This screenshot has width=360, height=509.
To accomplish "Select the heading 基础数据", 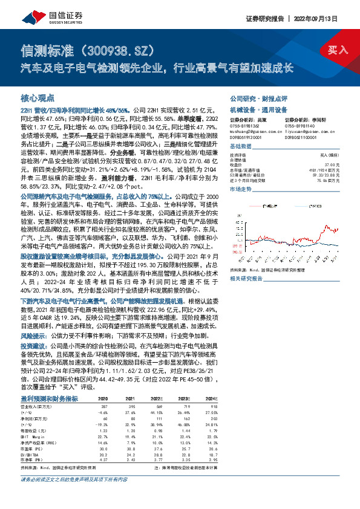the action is [x=240, y=148].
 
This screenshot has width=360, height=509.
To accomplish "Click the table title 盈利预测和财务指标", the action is [x=48, y=399].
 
